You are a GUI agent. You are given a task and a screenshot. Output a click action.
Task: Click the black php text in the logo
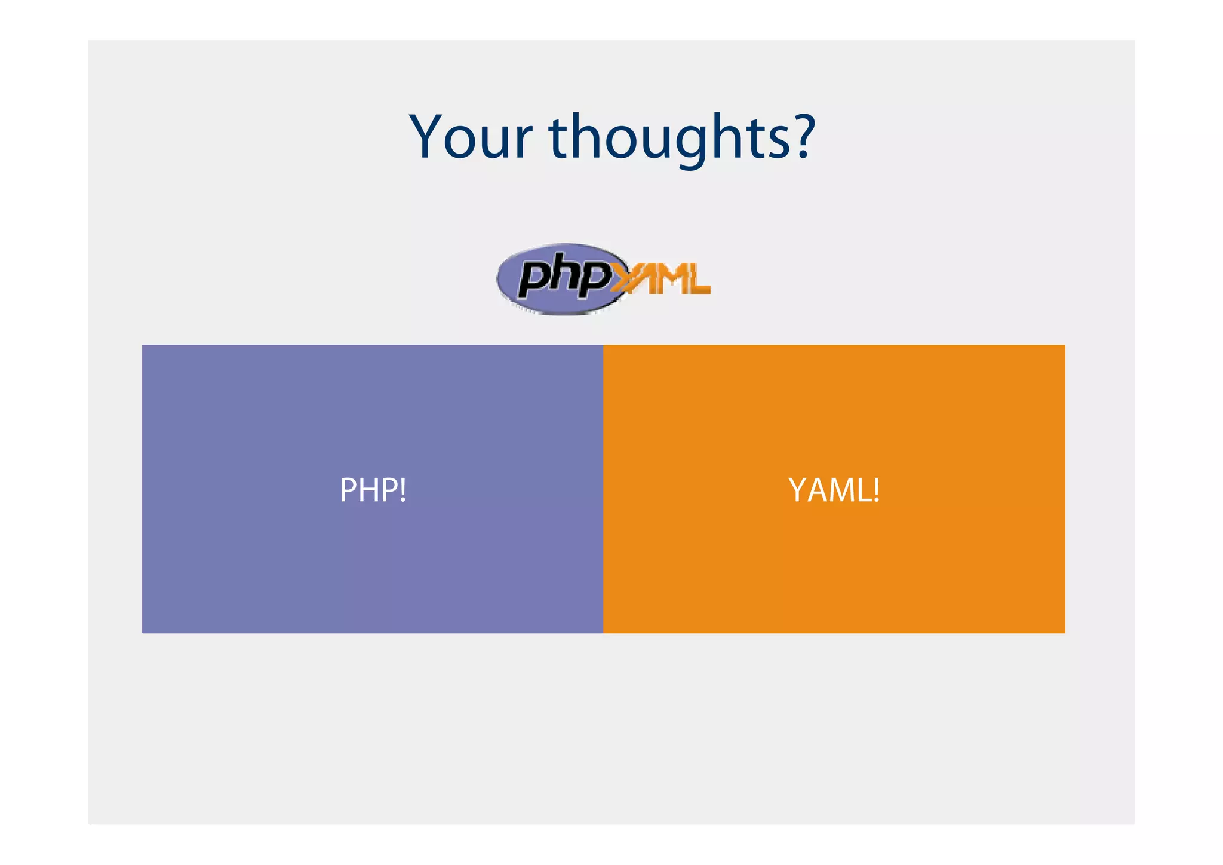[x=564, y=277]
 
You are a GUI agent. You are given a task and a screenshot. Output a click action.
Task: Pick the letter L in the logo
[x=697, y=280]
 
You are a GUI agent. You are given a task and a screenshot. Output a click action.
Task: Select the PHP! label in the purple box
[x=373, y=490]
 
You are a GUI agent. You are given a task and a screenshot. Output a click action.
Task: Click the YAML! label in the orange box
[x=834, y=490]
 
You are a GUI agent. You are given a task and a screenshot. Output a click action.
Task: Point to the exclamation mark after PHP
[x=404, y=490]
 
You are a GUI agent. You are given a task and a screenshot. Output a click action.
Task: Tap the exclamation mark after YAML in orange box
[x=876, y=490]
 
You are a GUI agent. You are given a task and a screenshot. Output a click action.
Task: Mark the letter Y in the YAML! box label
[x=798, y=490]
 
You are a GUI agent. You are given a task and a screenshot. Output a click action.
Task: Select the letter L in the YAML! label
[x=864, y=490]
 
